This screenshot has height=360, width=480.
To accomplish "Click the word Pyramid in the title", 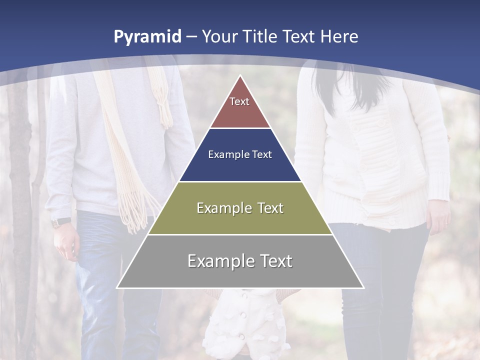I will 147,37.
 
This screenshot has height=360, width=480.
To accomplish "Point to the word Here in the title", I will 339,36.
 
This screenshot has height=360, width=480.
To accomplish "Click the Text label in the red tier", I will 239,101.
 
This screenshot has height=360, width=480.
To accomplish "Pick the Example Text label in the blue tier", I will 240,154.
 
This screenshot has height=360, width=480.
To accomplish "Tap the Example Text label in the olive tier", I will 240,208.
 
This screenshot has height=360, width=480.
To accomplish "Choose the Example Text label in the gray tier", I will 240,261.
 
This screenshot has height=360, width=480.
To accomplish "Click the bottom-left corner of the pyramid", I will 117,287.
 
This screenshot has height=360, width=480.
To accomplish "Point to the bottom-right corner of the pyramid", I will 363,287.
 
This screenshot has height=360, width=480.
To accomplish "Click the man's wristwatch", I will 61,222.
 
